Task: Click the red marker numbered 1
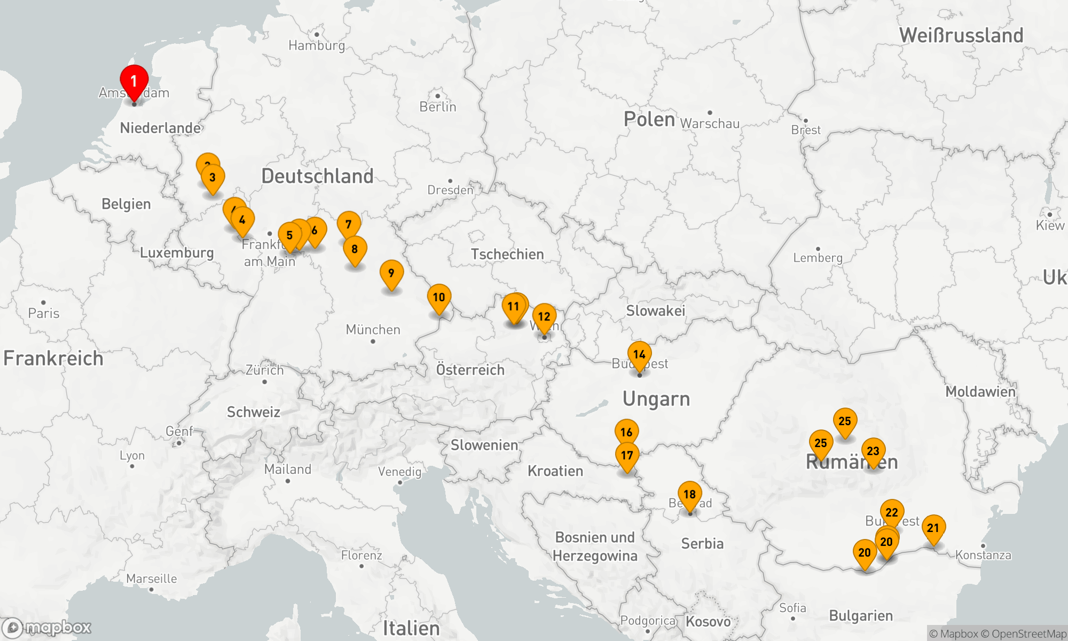(134, 81)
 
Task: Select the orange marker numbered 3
(213, 177)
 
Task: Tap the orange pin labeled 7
(349, 224)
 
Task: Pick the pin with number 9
(391, 273)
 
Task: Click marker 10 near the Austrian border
(439, 297)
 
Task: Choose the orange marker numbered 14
(639, 354)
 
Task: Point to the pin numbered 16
(626, 432)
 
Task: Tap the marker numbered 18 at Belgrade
(689, 494)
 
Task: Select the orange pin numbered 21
(933, 528)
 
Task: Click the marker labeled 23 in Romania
(873, 451)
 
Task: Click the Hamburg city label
(317, 45)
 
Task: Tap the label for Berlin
(438, 107)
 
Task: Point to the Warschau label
(710, 123)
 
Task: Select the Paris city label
(44, 313)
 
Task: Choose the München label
(373, 330)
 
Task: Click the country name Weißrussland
(961, 35)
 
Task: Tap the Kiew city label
(1050, 225)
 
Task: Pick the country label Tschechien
(507, 254)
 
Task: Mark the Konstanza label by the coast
(983, 555)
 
